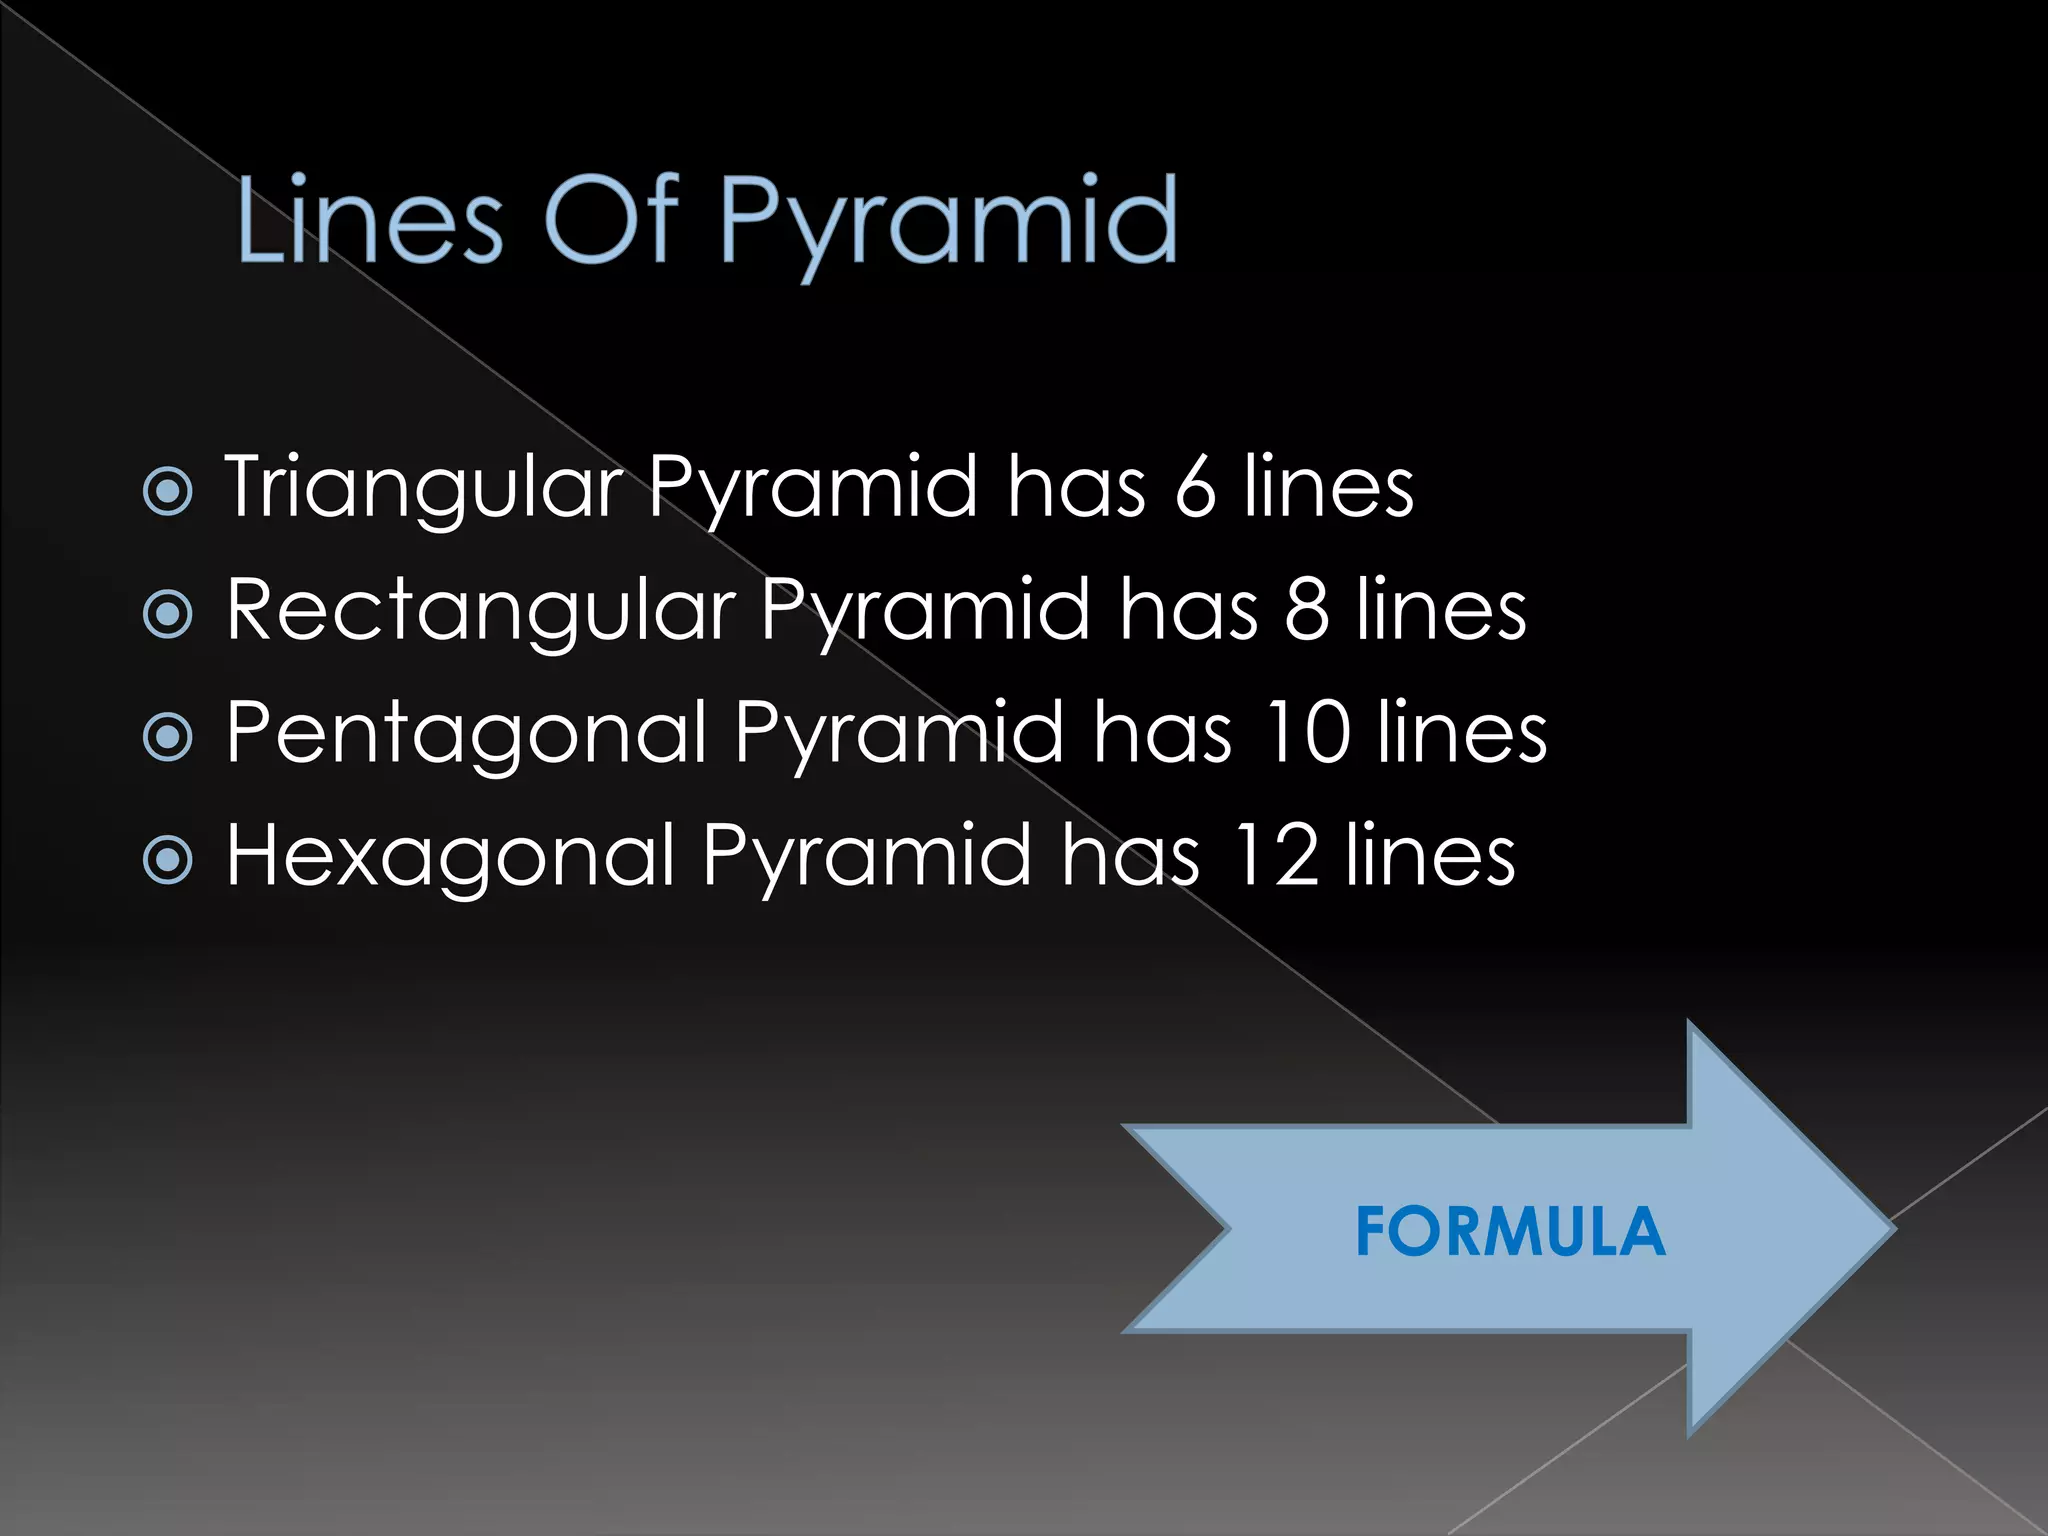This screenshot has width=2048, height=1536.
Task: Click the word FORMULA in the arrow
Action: pos(1510,1231)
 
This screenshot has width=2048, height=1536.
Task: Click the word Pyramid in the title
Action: pos(948,222)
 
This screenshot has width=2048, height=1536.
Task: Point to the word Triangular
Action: pos(424,487)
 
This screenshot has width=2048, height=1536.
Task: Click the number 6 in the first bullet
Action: pos(1195,487)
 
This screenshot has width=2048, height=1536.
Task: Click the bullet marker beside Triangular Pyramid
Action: pos(168,491)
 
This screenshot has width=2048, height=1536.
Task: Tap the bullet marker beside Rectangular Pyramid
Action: pos(168,614)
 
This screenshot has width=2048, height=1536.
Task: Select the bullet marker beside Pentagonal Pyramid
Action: pos(168,737)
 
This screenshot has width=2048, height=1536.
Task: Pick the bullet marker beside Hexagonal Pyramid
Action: pos(168,860)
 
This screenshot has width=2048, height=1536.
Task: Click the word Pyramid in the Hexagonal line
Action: pos(866,858)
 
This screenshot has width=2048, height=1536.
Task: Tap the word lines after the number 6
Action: pos(1329,487)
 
